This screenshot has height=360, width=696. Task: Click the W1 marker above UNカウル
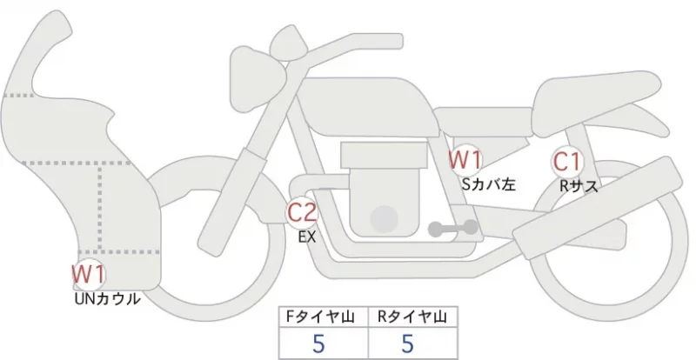(x=89, y=274)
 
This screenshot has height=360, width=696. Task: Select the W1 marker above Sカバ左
(x=465, y=160)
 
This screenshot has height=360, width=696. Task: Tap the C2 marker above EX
(x=302, y=212)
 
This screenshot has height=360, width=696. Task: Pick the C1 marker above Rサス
(x=567, y=162)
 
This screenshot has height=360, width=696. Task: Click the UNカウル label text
(x=107, y=299)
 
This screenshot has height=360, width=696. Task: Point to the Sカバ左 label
(x=488, y=183)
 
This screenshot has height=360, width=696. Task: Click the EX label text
(x=307, y=237)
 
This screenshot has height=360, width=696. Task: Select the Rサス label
(x=578, y=186)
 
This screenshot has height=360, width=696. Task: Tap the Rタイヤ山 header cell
(x=412, y=317)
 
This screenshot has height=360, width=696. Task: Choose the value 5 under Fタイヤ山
(x=318, y=343)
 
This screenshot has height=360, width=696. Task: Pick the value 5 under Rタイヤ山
(x=407, y=343)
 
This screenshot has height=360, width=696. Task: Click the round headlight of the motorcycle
(x=258, y=80)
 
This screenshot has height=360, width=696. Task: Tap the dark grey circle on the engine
(x=384, y=219)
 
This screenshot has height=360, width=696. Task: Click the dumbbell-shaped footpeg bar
(x=452, y=228)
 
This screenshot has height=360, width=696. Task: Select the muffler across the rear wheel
(x=598, y=208)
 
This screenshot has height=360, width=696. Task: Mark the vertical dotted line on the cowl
(x=100, y=207)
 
